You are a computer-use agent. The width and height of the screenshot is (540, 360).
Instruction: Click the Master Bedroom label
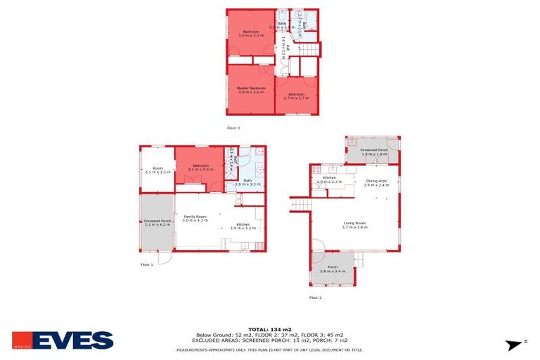coord(250,90)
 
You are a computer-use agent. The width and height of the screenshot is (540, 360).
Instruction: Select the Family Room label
coord(195,218)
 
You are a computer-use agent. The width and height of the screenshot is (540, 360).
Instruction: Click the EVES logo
coord(63,340)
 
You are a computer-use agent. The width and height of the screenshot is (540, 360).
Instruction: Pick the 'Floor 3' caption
coord(233,128)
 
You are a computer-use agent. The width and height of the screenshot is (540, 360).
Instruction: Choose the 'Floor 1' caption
coord(146,264)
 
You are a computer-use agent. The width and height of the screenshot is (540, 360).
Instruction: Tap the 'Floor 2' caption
coord(315,297)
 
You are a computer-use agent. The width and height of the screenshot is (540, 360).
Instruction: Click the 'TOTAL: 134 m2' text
coord(269,328)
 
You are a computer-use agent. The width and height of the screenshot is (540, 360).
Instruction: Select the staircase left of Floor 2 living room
coord(301,204)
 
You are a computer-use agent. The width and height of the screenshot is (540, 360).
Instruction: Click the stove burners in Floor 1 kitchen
coord(259,245)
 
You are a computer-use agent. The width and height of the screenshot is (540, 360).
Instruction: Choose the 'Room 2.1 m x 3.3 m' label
coord(158,170)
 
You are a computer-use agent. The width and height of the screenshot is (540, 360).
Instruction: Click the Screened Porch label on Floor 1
coord(157,222)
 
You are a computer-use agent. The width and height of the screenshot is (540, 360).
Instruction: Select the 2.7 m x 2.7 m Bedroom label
coord(296,96)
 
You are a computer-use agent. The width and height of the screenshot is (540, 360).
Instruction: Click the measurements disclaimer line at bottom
coord(269,349)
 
